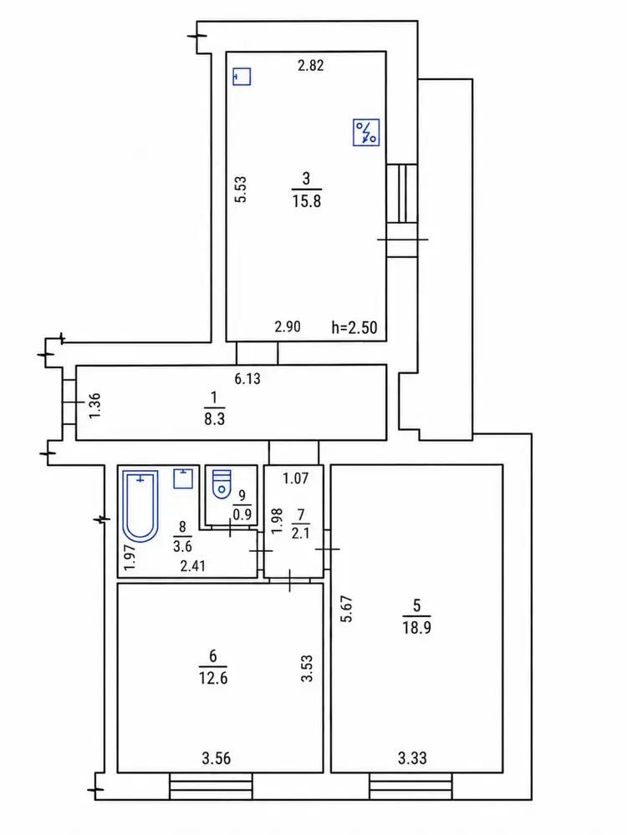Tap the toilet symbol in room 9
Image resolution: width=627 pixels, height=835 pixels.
(x=222, y=484)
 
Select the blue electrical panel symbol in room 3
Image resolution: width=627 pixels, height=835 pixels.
(x=366, y=132)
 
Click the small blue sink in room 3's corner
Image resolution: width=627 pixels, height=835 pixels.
(x=242, y=76)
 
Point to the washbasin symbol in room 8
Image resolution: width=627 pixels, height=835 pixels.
(x=183, y=478)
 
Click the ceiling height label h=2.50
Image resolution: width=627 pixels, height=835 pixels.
(x=354, y=327)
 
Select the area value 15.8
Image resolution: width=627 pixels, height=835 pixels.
(x=307, y=201)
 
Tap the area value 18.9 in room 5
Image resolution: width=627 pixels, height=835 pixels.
(x=417, y=627)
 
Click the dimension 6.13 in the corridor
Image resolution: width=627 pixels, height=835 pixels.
(x=247, y=378)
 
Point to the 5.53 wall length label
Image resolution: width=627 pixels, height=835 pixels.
(x=241, y=189)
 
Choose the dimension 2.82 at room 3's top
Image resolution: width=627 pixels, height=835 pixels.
(x=310, y=65)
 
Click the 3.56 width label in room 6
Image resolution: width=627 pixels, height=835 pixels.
(x=216, y=758)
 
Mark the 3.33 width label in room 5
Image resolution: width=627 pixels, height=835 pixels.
(x=412, y=758)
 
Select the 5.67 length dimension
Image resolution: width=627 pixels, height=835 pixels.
(x=347, y=609)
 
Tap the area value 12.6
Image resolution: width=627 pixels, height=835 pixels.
(x=212, y=678)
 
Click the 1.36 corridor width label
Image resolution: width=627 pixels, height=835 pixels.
(x=94, y=405)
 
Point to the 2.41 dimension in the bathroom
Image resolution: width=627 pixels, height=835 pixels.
(x=192, y=565)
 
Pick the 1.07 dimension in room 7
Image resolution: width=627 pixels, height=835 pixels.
(x=295, y=478)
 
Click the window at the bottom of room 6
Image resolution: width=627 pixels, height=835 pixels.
(x=211, y=787)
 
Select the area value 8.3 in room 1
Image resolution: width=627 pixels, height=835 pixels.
(x=214, y=419)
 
